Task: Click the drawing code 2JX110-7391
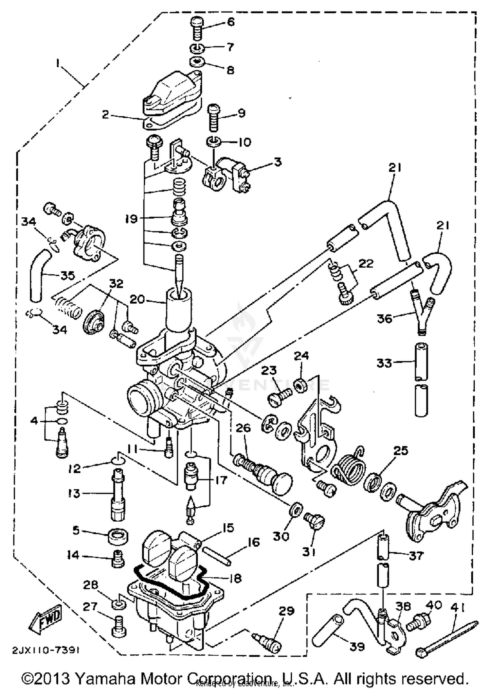[x=46, y=650]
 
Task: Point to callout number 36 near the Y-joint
[x=385, y=318]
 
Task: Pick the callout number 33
[x=384, y=362]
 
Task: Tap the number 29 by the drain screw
[x=286, y=611]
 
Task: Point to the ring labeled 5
[x=118, y=536]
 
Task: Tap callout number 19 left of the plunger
[x=131, y=219]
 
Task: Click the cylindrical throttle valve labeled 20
[x=179, y=309]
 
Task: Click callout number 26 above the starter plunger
[x=243, y=428]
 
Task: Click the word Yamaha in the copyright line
[x=105, y=679]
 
